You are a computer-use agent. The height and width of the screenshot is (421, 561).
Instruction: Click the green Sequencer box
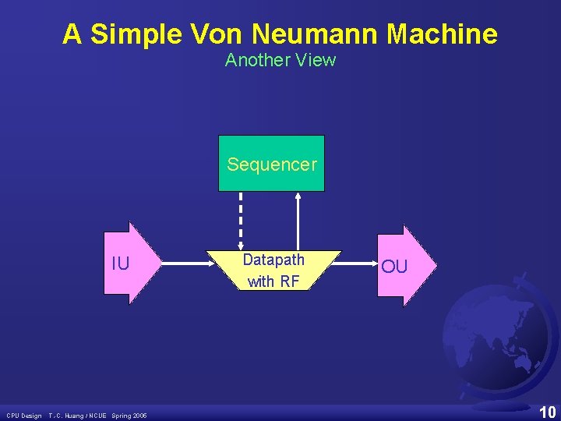click(271, 164)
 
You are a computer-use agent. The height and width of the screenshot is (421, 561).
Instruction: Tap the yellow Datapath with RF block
click(273, 271)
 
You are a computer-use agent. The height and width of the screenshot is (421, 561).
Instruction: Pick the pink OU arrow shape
click(401, 266)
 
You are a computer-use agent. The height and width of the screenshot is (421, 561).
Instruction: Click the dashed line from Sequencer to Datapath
click(241, 221)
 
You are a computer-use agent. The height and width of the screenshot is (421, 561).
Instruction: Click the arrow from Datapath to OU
click(359, 264)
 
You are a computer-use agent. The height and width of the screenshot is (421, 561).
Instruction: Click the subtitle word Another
click(253, 60)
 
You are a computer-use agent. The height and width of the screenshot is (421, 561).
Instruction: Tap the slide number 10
click(548, 412)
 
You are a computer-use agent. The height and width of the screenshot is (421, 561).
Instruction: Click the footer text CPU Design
click(24, 416)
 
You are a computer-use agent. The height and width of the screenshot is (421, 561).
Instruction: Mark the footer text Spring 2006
click(129, 416)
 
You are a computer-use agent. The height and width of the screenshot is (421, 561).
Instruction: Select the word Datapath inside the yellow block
click(273, 260)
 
